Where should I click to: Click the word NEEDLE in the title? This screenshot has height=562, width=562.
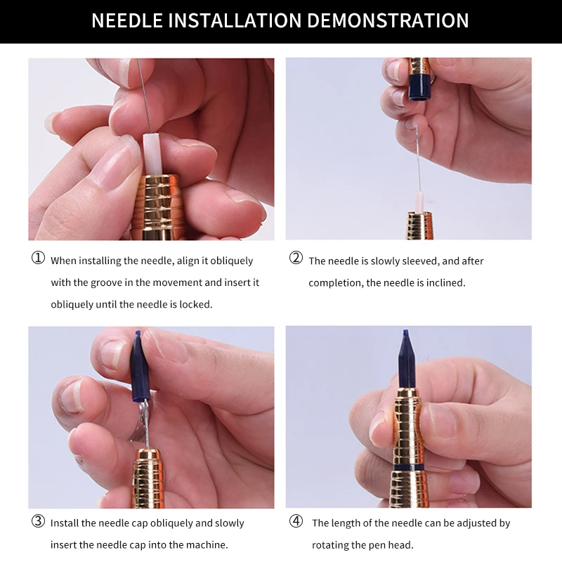tap(127, 20)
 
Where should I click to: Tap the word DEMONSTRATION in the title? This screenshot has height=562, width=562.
tap(388, 20)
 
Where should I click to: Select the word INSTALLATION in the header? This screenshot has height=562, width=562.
tap(235, 20)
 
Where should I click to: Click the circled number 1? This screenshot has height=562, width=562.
tap(38, 258)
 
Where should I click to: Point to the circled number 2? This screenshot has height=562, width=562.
tap(296, 258)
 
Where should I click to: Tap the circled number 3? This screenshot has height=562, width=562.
tap(38, 521)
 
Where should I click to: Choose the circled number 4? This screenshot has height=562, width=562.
tap(296, 521)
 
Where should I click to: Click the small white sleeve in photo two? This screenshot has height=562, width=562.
tap(419, 202)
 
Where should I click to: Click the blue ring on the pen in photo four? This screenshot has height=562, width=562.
tap(408, 467)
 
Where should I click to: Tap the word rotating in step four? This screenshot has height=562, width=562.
tap(327, 546)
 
